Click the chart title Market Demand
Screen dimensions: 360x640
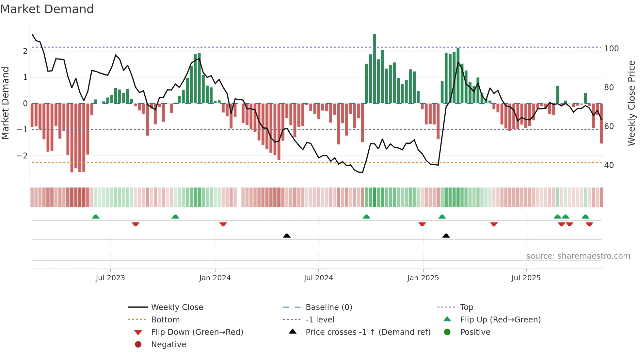(x=47, y=9)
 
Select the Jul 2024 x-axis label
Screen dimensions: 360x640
(x=318, y=278)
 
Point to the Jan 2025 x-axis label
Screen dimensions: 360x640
(x=423, y=278)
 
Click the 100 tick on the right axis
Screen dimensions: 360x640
(x=611, y=49)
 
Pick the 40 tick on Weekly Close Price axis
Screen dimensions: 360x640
(x=609, y=165)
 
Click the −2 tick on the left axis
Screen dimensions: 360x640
(x=22, y=156)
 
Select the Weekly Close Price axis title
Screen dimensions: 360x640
(x=632, y=103)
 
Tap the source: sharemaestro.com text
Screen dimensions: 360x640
(x=578, y=256)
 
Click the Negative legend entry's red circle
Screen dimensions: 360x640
(x=138, y=345)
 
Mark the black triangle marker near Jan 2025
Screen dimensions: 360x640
(x=446, y=236)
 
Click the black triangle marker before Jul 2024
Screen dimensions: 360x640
(x=287, y=236)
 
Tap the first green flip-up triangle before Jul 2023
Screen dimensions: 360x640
(x=96, y=217)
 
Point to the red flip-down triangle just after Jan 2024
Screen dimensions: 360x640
(x=223, y=224)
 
